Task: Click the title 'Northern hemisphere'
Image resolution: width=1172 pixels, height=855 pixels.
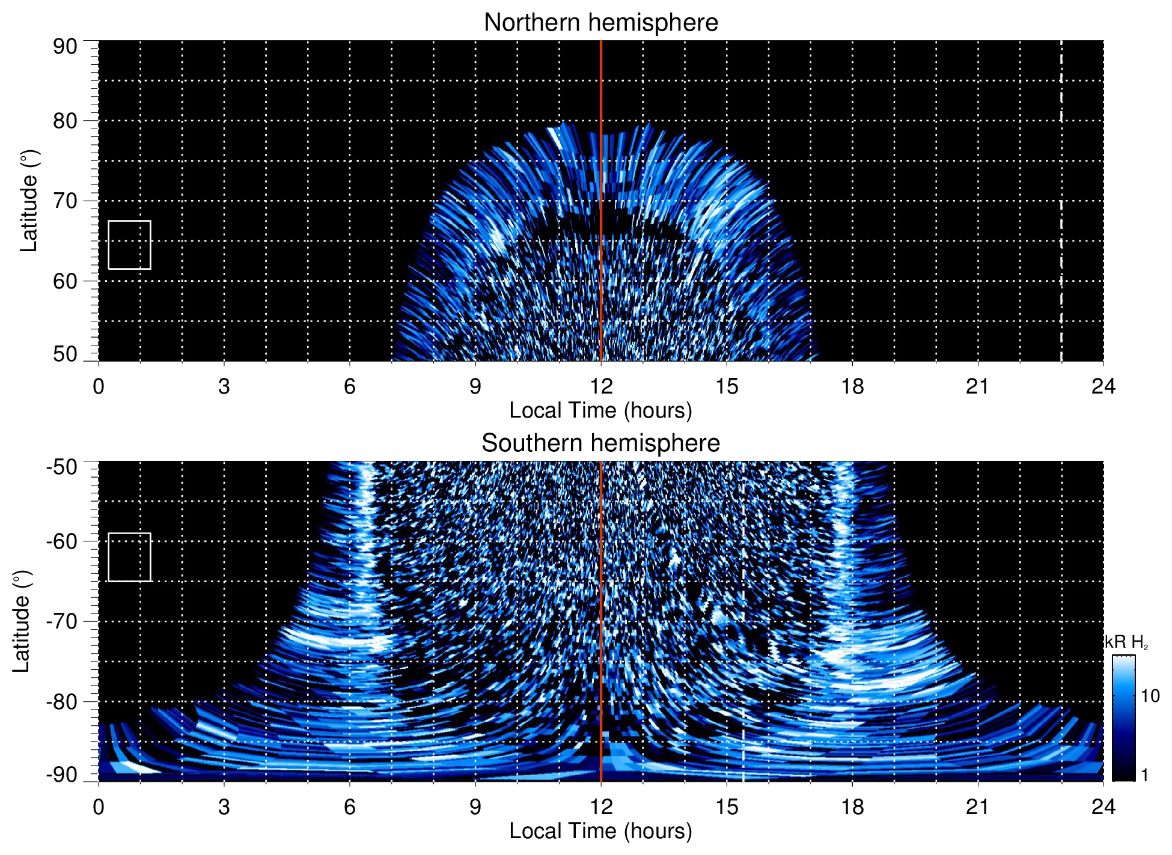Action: (x=600, y=23)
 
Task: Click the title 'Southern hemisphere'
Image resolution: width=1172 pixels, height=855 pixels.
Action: (x=600, y=443)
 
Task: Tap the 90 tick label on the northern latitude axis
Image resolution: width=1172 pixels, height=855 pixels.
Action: (x=65, y=47)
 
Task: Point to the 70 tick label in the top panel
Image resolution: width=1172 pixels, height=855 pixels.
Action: (x=65, y=201)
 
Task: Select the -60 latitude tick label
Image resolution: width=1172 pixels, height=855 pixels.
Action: (x=62, y=541)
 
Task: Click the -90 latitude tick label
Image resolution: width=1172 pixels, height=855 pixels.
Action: (x=62, y=775)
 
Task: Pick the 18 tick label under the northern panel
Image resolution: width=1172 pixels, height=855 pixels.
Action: (x=852, y=386)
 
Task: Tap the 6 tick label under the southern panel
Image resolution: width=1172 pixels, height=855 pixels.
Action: (x=349, y=807)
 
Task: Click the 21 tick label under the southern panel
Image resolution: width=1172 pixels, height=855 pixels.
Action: (x=977, y=807)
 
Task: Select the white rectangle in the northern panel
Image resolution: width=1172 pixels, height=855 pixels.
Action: (x=129, y=245)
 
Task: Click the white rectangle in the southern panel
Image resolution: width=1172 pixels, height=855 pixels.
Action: (x=129, y=557)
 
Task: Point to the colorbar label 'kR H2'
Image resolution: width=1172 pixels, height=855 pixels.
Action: (x=1126, y=642)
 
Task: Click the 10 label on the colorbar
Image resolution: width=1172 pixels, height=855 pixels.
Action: (x=1150, y=696)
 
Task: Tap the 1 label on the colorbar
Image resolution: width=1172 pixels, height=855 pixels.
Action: (x=1144, y=775)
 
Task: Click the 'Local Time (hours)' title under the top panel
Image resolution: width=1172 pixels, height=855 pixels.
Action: (x=600, y=411)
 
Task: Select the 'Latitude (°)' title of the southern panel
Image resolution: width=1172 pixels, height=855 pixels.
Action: (x=22, y=621)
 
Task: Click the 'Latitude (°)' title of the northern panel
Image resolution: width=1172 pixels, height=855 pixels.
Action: (x=29, y=201)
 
